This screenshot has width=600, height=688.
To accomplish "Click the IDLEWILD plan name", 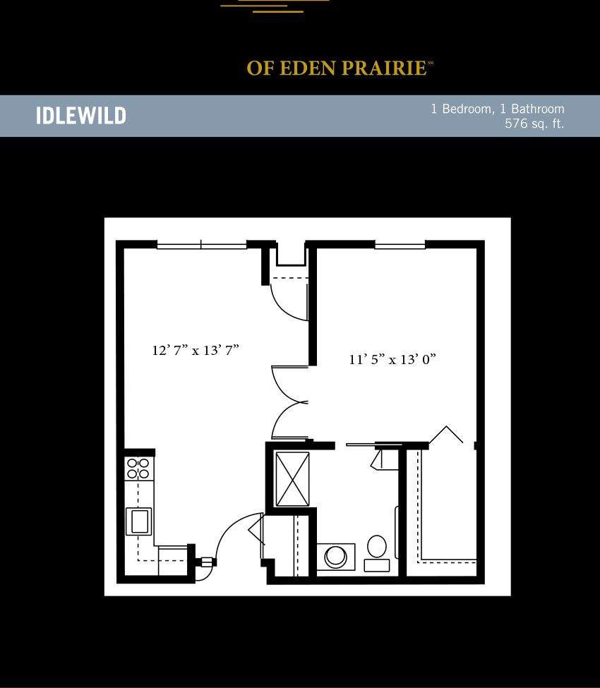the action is click(80, 116).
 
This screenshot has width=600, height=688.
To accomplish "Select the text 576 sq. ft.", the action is click(534, 123).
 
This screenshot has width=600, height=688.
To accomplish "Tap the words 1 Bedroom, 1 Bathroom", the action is click(497, 109).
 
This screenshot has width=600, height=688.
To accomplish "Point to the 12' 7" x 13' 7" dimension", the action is click(196, 350).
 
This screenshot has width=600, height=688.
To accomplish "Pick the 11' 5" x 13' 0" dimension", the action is click(392, 359).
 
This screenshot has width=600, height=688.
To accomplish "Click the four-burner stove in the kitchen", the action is click(138, 469).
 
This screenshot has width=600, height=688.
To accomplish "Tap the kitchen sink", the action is click(139, 521).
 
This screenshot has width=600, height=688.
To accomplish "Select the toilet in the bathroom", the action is click(377, 553).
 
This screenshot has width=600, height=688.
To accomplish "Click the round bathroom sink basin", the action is click(336, 556).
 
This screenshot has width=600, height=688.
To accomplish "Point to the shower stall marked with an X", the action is click(292, 479).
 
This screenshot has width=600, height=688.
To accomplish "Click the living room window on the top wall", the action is click(201, 245).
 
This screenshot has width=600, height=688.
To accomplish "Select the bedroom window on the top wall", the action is click(400, 245).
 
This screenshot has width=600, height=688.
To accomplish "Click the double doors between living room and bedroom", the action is click(289, 402).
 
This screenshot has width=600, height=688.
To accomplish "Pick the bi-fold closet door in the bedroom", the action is click(446, 435).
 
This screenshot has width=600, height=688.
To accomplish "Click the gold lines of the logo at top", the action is click(275, 6).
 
